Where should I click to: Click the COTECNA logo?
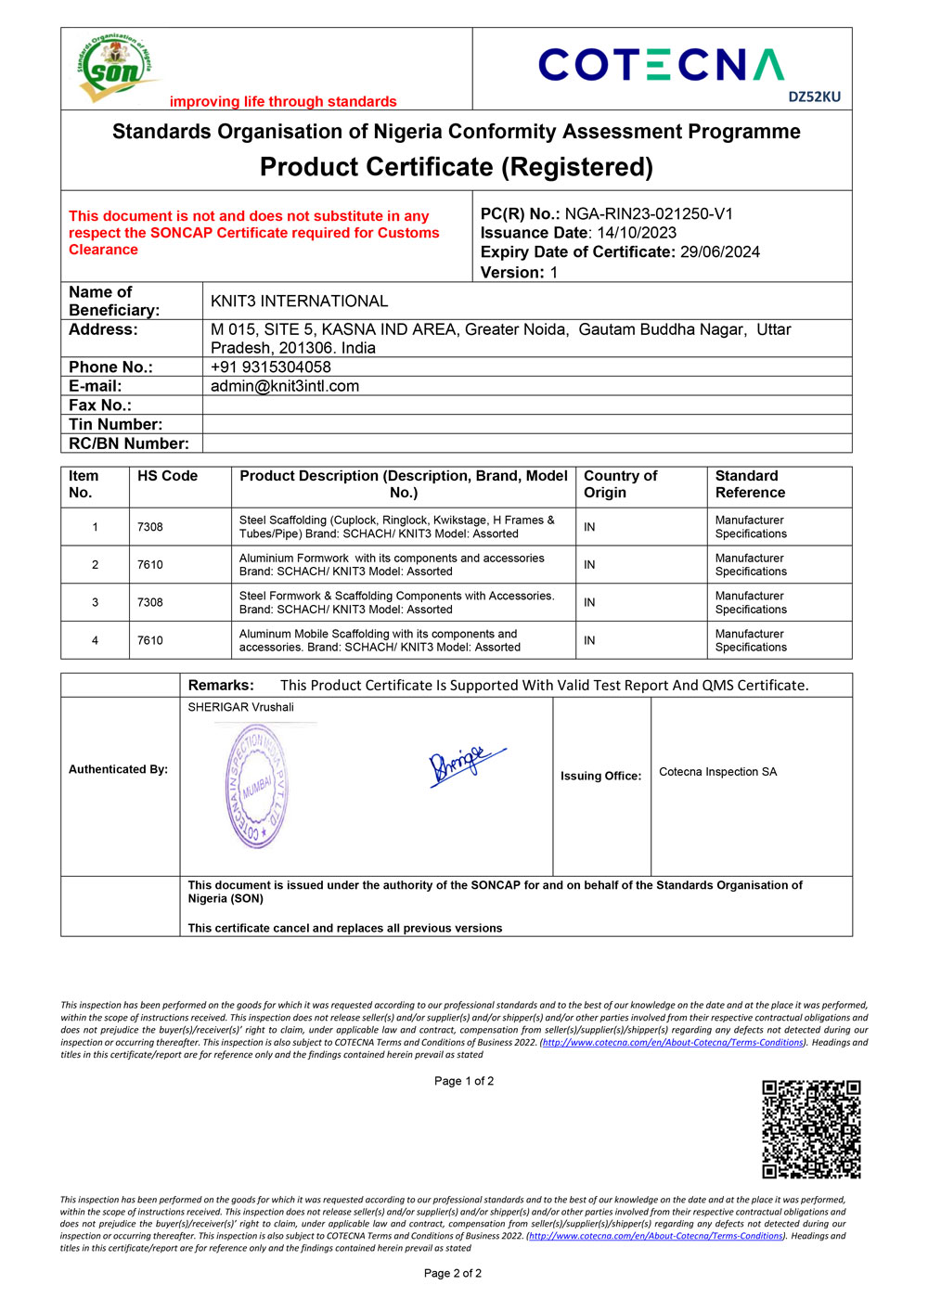(661, 65)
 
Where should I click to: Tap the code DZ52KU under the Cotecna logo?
(814, 96)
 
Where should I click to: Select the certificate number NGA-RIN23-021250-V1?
(649, 214)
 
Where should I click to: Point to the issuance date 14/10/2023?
(637, 233)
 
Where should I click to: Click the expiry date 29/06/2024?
(719, 251)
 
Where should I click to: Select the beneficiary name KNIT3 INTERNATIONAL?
(299, 302)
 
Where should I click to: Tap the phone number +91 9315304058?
(270, 367)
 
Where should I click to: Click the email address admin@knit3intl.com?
(284, 386)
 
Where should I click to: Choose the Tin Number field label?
(115, 425)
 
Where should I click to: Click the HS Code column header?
(167, 476)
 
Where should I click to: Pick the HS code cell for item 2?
(150, 565)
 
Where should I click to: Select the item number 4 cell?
(95, 640)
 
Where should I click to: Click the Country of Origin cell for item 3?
(589, 602)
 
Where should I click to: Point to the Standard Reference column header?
(750, 484)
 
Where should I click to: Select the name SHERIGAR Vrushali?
(240, 707)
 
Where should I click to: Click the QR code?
(811, 1129)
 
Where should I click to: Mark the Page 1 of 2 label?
(464, 1081)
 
